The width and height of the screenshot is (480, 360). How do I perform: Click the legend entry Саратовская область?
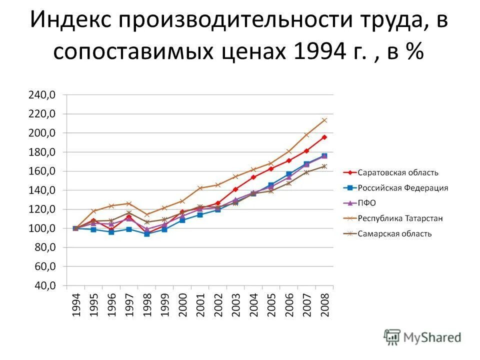click(398, 173)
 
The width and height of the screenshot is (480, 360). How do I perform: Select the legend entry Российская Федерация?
click(403, 188)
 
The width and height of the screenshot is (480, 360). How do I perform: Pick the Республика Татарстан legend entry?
click(399, 218)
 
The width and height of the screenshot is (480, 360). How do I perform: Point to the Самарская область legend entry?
click(394, 234)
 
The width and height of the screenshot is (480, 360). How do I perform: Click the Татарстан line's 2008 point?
click(324, 120)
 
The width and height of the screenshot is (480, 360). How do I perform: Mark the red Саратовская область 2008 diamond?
click(324, 137)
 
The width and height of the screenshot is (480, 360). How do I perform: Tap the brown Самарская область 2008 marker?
click(324, 166)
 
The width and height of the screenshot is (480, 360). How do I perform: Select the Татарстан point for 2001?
click(200, 188)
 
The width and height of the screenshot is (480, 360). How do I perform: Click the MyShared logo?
click(422, 337)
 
